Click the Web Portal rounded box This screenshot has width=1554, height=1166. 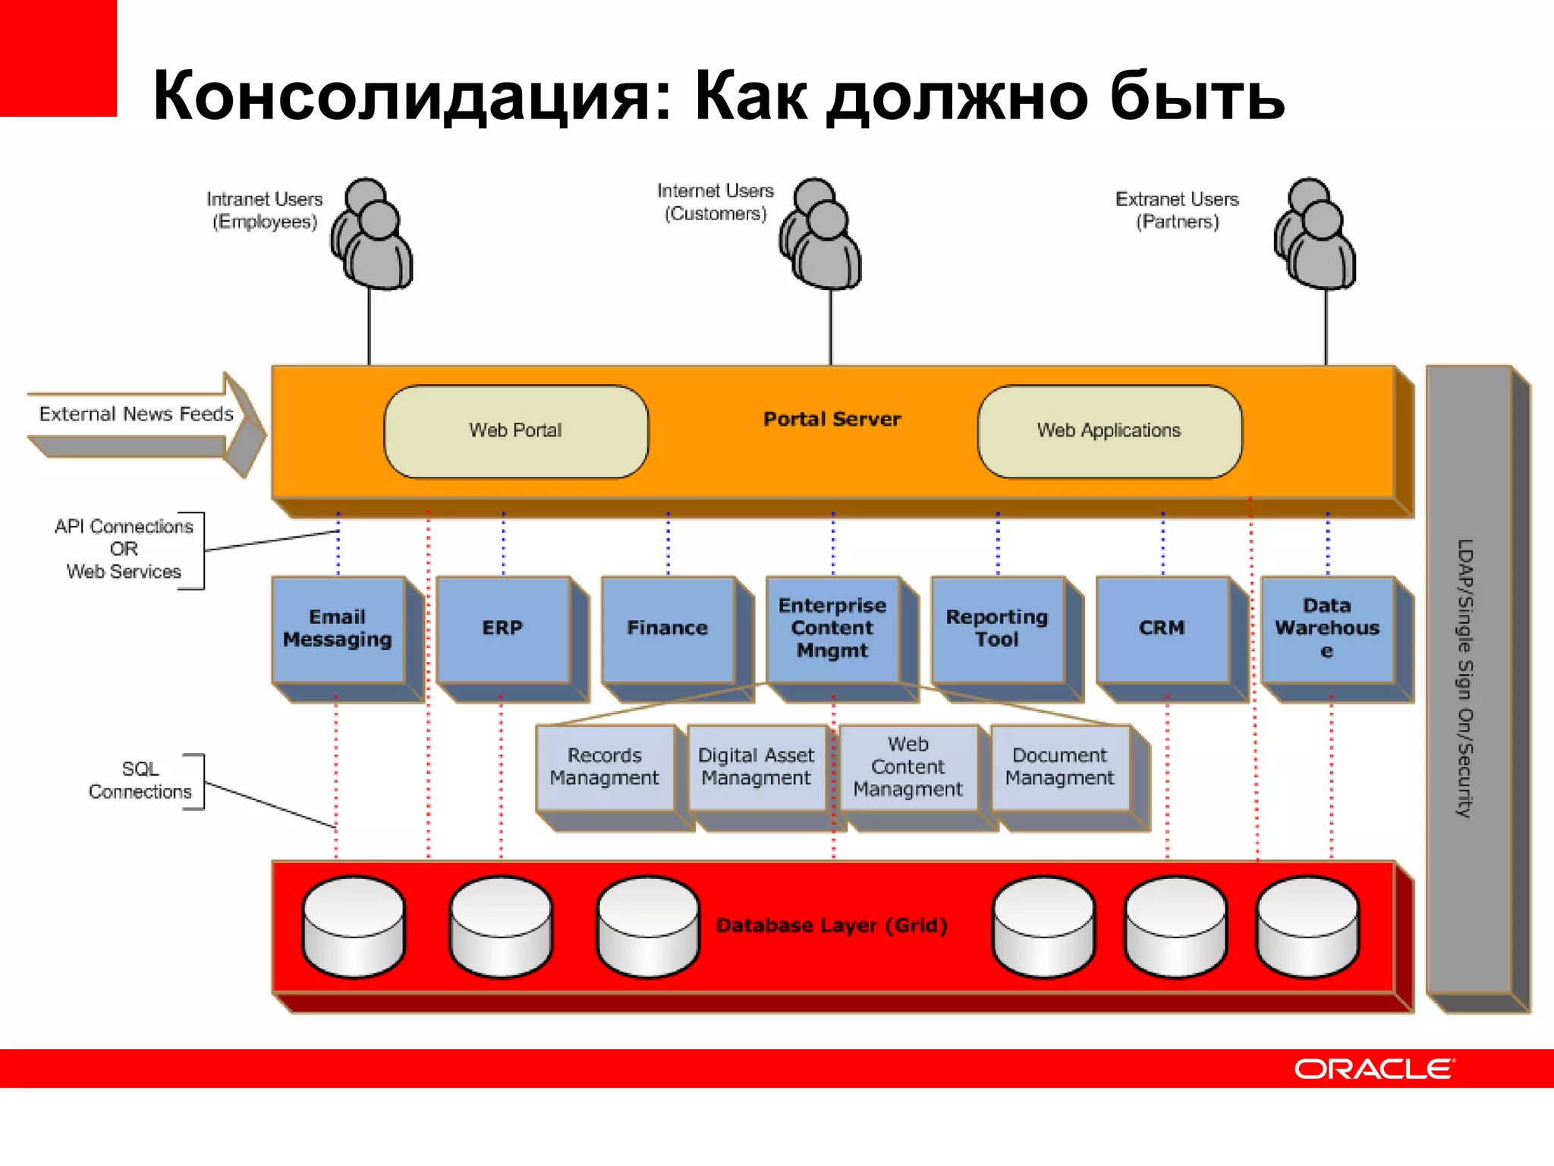[x=516, y=431]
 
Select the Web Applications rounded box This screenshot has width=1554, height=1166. [x=1109, y=431]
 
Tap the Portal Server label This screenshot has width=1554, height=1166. [x=832, y=419]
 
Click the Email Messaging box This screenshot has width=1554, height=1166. [x=338, y=629]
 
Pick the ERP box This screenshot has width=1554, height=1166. [x=502, y=629]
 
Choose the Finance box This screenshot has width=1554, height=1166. [x=667, y=629]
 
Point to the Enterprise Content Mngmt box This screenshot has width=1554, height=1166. [x=832, y=629]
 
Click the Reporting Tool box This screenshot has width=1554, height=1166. [x=997, y=629]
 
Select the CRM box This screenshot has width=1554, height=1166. [x=1162, y=629]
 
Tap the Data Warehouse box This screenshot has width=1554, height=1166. [x=1327, y=629]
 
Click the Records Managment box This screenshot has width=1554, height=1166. [x=605, y=767]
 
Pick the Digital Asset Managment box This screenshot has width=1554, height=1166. [x=756, y=767]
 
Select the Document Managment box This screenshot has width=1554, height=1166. [x=1060, y=767]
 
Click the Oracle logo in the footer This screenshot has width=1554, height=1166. [x=1374, y=1069]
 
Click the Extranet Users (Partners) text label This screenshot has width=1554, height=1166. [x=1177, y=210]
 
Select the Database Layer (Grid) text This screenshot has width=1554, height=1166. [x=832, y=925]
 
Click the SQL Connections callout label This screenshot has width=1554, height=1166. [x=140, y=780]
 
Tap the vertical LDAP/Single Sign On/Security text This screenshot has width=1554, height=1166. [x=1465, y=678]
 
